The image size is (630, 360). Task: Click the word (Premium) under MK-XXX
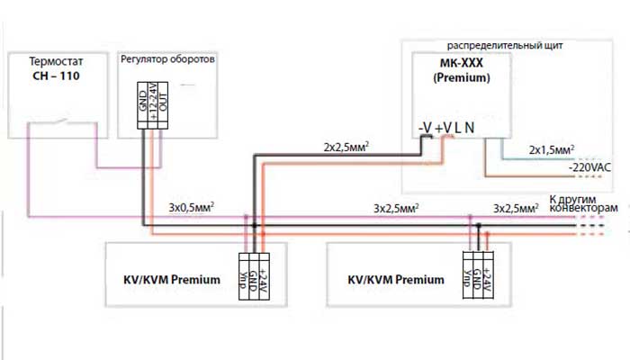[x=460, y=78]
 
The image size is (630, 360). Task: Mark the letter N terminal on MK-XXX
[x=471, y=128]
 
